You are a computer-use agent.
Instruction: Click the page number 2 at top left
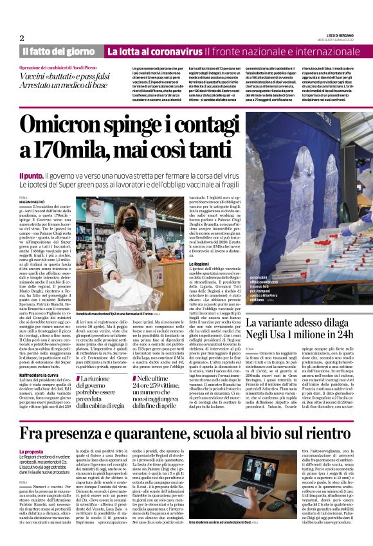pos(22,38)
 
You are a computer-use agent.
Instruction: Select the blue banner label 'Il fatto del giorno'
pos(59,51)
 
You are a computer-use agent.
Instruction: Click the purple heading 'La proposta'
pos(32,434)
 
